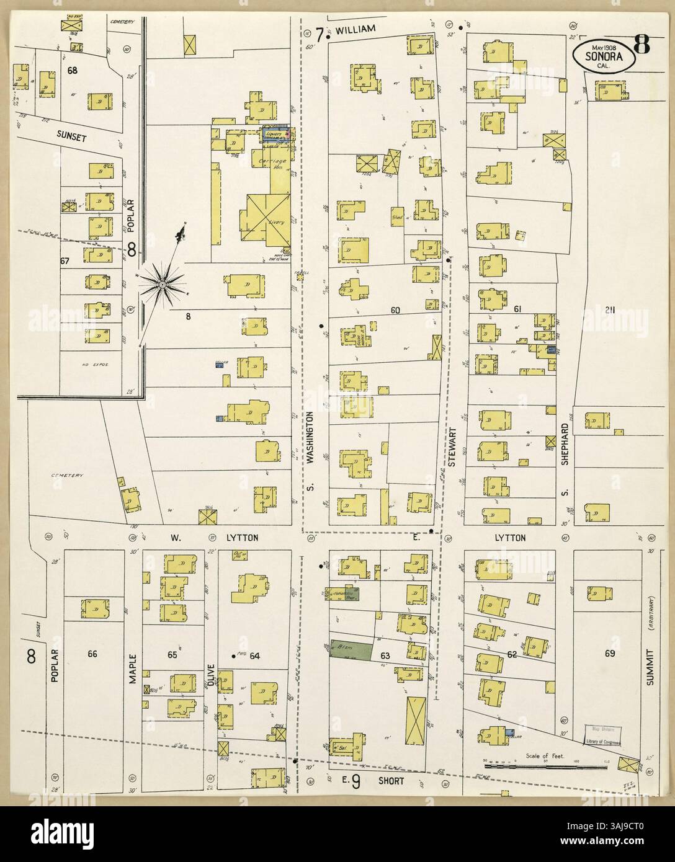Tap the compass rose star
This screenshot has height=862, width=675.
162,284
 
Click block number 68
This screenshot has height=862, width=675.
73,70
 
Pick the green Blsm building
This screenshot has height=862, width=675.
351,649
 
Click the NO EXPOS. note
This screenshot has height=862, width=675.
91,365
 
